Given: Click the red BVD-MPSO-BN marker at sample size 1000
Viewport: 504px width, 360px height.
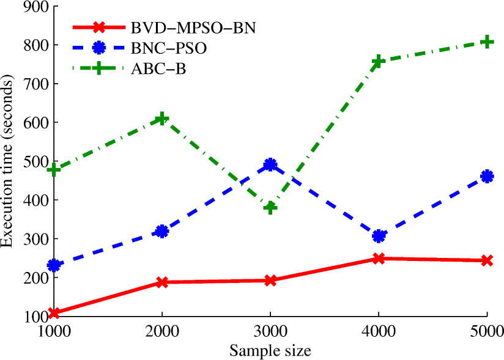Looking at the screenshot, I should point(54,313).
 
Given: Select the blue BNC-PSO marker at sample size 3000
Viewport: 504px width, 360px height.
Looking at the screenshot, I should point(270,164).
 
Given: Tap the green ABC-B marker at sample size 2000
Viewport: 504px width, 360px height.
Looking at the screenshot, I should point(162,119).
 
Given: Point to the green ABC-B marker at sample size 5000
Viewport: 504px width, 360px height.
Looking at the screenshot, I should point(486,42).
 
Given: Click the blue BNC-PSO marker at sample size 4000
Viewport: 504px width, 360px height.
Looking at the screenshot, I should point(379,236).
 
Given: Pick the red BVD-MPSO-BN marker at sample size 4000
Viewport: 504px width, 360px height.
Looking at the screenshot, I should point(379,259).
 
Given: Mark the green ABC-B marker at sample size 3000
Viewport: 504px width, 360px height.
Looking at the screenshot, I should point(270,207).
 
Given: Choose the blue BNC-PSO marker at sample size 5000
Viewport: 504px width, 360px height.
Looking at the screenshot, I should point(486,177).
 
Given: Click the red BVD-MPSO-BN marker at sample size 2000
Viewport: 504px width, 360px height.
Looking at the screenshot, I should point(162,282).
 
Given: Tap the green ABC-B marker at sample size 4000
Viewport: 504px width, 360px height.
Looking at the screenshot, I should point(379,61).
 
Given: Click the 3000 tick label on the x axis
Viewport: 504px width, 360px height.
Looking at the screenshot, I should point(270,334).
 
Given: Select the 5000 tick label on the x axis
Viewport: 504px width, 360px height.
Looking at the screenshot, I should point(486,334).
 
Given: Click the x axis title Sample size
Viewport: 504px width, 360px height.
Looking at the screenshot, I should point(270,351).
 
